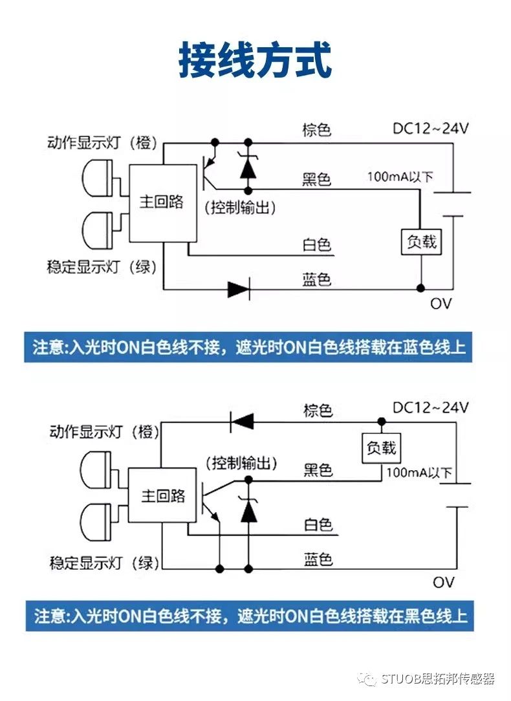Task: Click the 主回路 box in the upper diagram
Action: point(162,202)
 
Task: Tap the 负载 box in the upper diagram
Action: point(421,242)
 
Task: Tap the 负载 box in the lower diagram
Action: point(381,448)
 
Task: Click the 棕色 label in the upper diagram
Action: point(317,129)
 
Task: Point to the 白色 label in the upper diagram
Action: point(317,244)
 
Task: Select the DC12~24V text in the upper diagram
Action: point(431,128)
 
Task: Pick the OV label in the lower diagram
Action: point(443,582)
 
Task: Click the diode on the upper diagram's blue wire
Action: point(239,289)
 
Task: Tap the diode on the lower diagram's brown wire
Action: point(241,422)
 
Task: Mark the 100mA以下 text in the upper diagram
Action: point(400,177)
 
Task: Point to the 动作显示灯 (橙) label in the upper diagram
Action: point(102,143)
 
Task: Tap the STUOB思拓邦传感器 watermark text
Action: point(437,679)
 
